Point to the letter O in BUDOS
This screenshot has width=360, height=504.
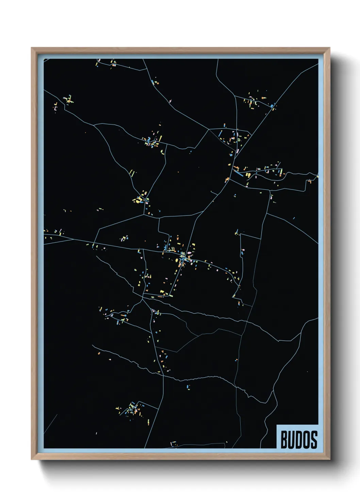click(x=307, y=439)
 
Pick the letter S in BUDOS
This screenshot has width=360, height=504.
click(x=314, y=439)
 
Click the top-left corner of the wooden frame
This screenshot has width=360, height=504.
click(x=32, y=48)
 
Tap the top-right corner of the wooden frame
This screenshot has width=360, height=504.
click(x=329, y=48)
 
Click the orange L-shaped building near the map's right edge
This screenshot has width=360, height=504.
click(x=310, y=181)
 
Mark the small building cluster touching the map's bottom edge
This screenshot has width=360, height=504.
click(x=174, y=443)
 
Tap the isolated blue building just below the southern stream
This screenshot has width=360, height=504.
click(x=188, y=387)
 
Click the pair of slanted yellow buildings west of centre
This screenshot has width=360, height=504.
click(x=132, y=173)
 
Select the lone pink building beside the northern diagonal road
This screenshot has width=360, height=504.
click(x=170, y=101)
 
